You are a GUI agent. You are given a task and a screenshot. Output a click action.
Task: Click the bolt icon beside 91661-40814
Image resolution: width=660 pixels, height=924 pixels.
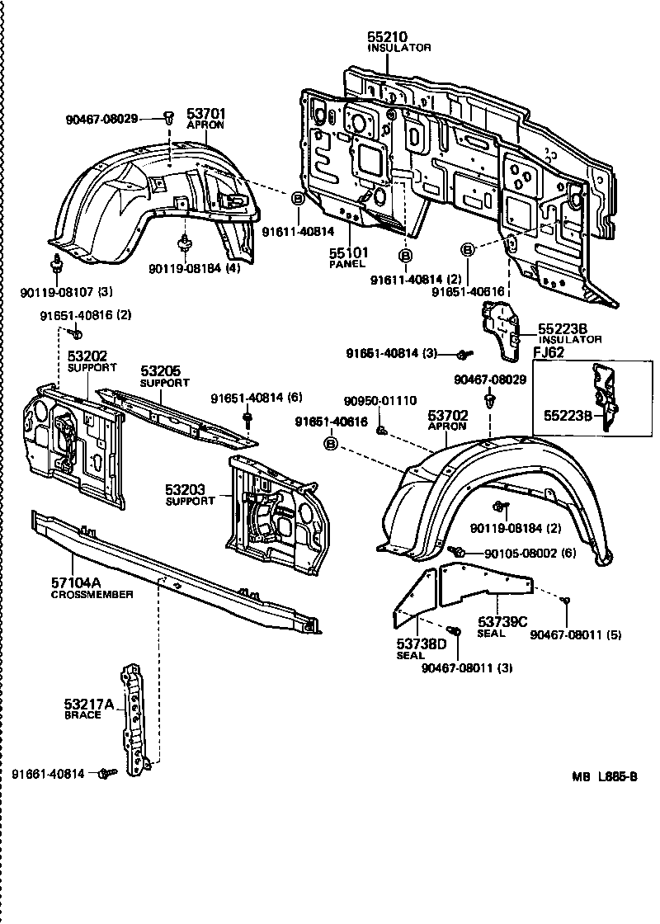[x=106, y=773]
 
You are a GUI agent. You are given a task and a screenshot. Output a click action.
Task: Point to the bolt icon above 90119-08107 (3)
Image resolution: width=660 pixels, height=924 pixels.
[x=58, y=264]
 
